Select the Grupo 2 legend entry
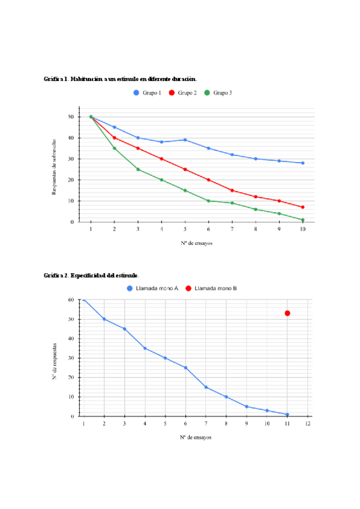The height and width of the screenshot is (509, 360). [x=183, y=93]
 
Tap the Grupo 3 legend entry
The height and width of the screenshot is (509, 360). [x=218, y=93]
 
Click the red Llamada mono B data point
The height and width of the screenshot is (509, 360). [x=287, y=313]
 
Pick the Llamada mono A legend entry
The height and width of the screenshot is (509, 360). [x=152, y=289]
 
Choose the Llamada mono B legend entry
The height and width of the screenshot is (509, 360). [x=211, y=289]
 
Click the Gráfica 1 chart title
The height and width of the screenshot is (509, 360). [x=120, y=79]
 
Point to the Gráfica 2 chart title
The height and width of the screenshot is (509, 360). [x=91, y=276]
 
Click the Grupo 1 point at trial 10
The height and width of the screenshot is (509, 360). [x=303, y=163]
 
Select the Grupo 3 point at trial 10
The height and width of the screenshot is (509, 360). [x=303, y=220]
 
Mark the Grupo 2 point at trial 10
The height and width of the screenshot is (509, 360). [x=303, y=207]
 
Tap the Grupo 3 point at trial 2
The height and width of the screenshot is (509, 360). [x=114, y=148]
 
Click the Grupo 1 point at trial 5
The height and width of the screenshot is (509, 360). [x=185, y=140]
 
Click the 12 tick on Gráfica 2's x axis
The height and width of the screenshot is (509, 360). [x=308, y=424]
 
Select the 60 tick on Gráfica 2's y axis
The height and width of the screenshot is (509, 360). [x=71, y=300]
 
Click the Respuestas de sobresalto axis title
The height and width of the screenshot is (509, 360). [x=54, y=166]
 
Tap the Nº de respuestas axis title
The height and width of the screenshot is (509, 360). [x=55, y=361]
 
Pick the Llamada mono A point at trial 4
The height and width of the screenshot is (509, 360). [x=145, y=348]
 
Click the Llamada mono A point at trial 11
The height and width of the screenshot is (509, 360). [x=287, y=414]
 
